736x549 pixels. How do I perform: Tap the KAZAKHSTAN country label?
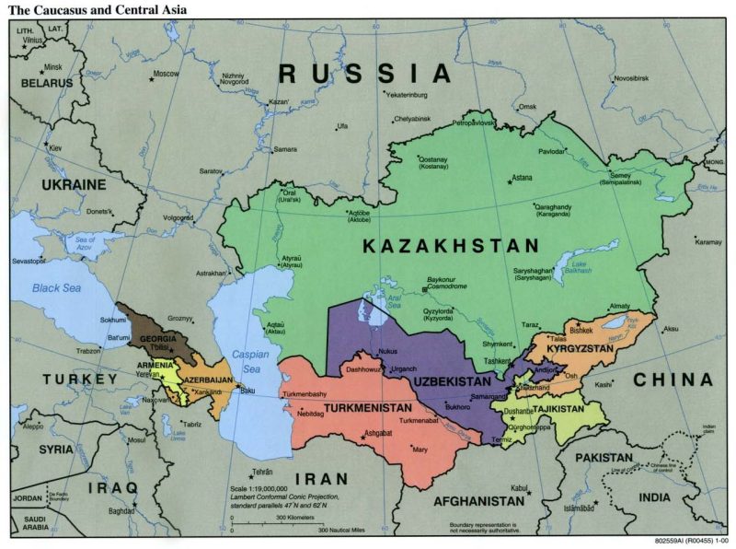449,246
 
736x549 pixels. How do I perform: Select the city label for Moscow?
166,74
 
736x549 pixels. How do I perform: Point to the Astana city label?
522,176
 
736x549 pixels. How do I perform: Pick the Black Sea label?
58,288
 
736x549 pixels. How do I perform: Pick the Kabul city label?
520,488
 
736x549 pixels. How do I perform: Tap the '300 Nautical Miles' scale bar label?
336,531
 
